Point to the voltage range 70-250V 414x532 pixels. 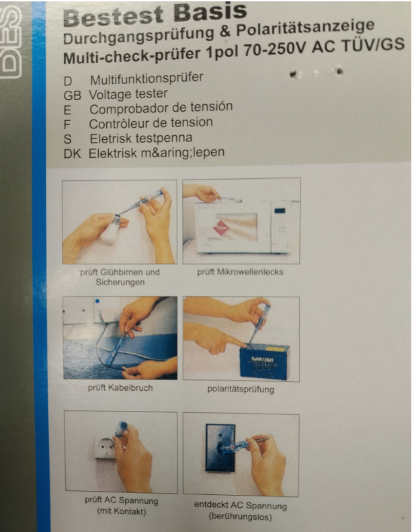click(x=276, y=50)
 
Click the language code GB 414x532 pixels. click(x=72, y=96)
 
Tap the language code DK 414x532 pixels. click(x=72, y=154)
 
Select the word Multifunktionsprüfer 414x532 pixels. click(x=147, y=79)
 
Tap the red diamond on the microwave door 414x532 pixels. click(x=221, y=229)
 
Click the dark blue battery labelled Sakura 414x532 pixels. click(x=265, y=362)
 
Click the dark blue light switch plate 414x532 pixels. click(x=220, y=447)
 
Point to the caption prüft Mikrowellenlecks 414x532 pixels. click(x=240, y=272)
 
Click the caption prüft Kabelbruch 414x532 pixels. click(x=120, y=387)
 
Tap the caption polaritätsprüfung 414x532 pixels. click(x=241, y=389)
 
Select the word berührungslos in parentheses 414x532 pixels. click(x=241, y=517)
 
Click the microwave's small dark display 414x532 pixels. click(x=280, y=211)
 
